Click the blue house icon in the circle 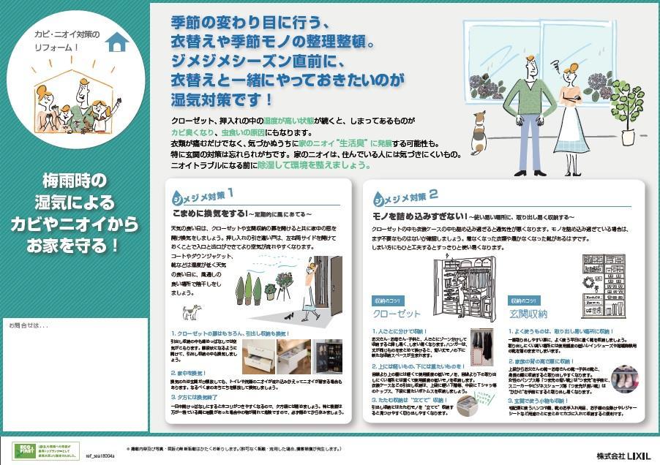click(x=116, y=42)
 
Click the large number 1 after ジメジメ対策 click(x=230, y=193)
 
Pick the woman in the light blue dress click(x=571, y=110)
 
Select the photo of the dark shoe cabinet click(x=329, y=357)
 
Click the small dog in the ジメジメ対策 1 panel click(x=191, y=312)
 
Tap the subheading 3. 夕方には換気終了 click(x=197, y=397)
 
